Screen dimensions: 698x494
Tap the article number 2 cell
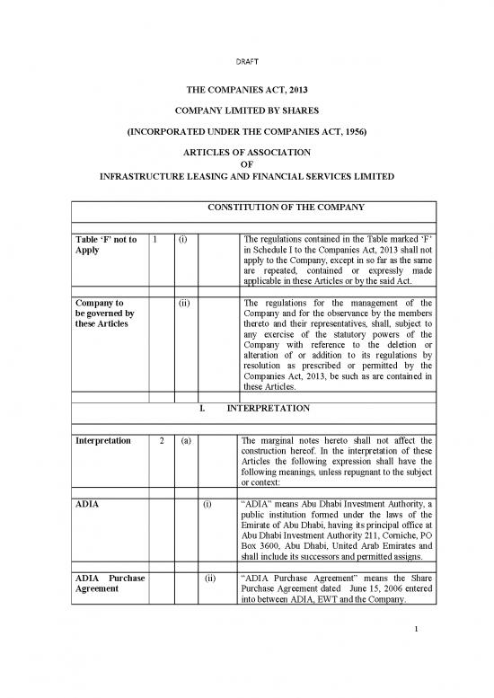pos(156,441)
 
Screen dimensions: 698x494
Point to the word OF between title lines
pos(246,163)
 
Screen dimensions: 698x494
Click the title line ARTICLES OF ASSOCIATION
pos(246,152)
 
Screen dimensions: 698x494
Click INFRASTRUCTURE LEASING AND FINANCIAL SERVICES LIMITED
pos(246,176)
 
